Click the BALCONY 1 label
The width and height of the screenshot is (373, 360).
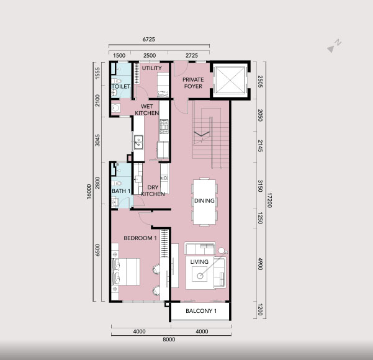pyautogui.click(x=201, y=311)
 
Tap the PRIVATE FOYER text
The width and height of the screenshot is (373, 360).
pyautogui.click(x=193, y=83)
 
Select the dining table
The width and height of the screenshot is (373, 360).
pyautogui.click(x=205, y=202)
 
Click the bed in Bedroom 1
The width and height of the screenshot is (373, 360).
pyautogui.click(x=125, y=271)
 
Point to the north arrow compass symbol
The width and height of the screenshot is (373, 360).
pyautogui.click(x=334, y=46)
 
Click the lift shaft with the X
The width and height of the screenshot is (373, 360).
pyautogui.click(x=230, y=79)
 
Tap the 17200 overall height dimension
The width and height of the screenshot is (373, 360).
pyautogui.click(x=269, y=200)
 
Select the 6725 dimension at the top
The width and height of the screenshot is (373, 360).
pyautogui.click(x=149, y=39)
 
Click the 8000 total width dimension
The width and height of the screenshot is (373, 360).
pyautogui.click(x=169, y=340)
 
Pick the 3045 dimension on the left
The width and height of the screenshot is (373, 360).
pyautogui.click(x=97, y=140)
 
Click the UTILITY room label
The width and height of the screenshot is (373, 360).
pyautogui.click(x=152, y=68)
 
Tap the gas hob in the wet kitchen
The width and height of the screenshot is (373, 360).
pyautogui.click(x=164, y=127)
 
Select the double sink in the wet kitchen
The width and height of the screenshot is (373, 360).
pyautogui.click(x=138, y=142)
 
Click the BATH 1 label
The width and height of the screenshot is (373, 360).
pyautogui.click(x=121, y=191)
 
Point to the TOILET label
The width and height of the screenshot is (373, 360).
pyautogui.click(x=121, y=86)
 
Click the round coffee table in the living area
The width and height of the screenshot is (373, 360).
pyautogui.click(x=200, y=276)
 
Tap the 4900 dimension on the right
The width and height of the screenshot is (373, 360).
pyautogui.click(x=260, y=264)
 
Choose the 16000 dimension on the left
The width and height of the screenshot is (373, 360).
pyautogui.click(x=89, y=192)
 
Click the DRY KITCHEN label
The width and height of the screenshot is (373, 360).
pyautogui.click(x=153, y=191)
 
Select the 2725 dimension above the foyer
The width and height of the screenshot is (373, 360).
pyautogui.click(x=192, y=55)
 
